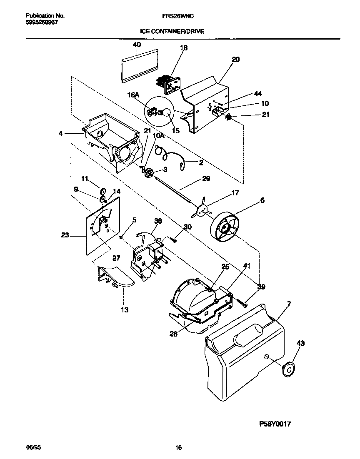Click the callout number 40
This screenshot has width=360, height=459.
pos(137,45)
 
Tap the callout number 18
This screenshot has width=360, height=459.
pos(183,48)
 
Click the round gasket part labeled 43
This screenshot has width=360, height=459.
pos(287,369)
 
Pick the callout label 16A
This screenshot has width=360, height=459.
pos(133,95)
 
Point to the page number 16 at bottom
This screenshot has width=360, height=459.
pos(178,448)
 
